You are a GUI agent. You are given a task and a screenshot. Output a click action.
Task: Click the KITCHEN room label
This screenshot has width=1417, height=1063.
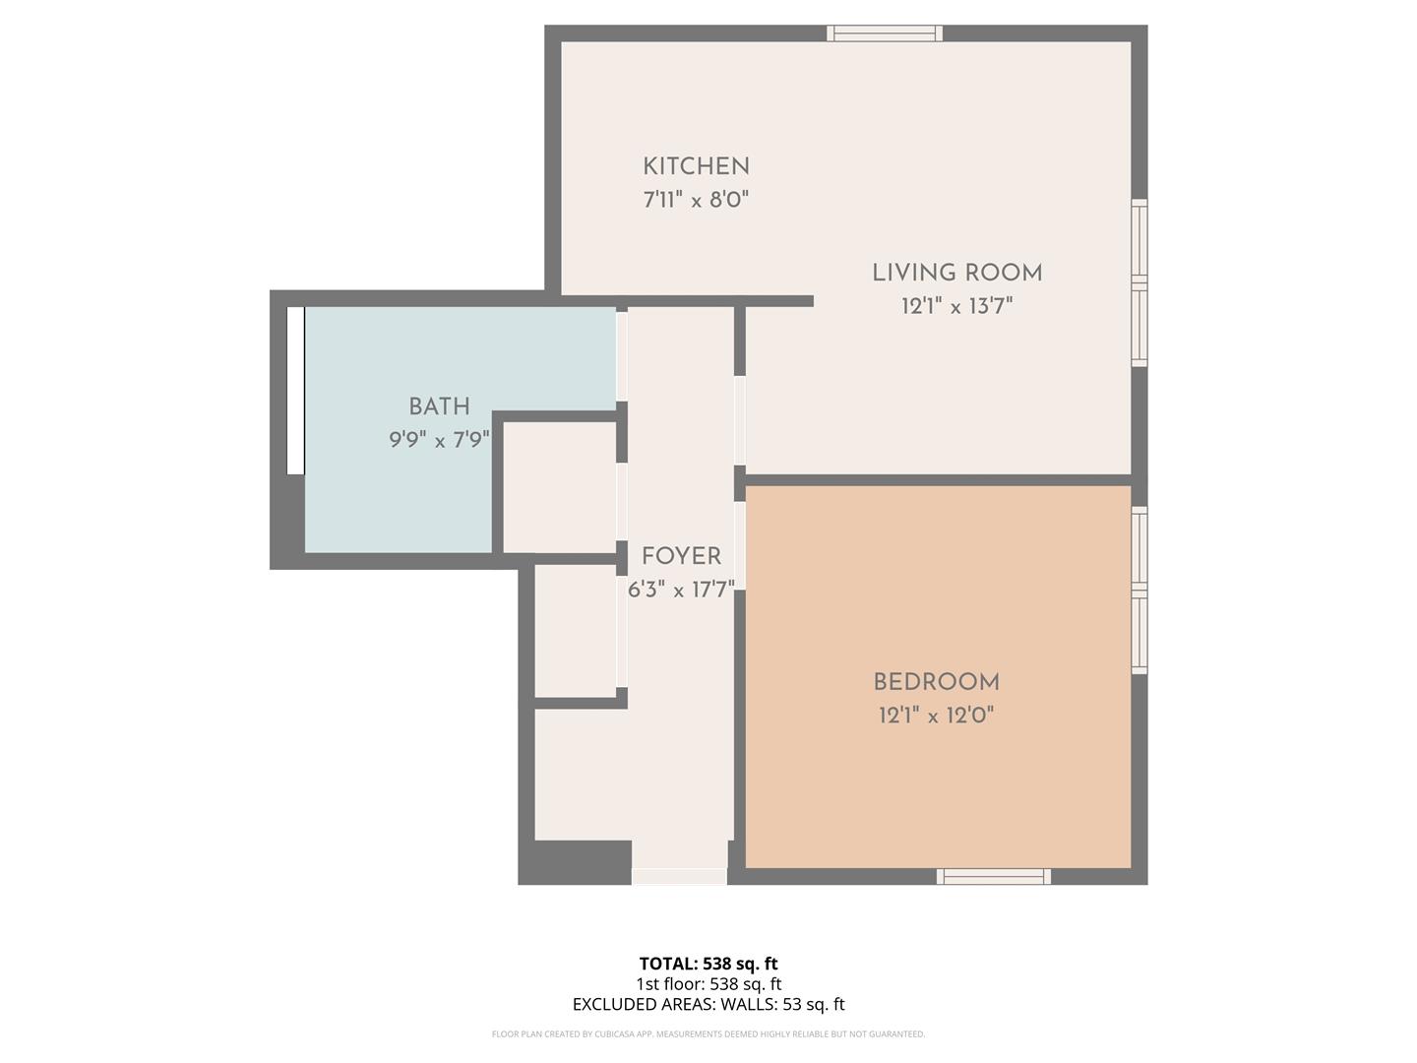[696, 167]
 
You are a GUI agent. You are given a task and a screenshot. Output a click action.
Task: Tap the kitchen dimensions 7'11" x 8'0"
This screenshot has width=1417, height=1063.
[696, 200]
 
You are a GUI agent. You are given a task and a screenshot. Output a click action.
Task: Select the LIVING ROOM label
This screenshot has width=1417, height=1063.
[956, 273]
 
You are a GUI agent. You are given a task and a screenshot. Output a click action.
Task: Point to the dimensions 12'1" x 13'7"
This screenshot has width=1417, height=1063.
[956, 306]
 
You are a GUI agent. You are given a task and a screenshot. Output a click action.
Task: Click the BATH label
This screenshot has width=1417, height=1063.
[439, 406]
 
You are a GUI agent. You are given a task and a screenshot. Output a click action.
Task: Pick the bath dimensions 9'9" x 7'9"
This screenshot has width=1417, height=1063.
[439, 439]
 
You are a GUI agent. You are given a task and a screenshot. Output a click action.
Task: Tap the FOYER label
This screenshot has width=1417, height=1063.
[681, 556]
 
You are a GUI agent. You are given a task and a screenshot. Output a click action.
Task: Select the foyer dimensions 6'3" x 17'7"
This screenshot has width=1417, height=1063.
[681, 590]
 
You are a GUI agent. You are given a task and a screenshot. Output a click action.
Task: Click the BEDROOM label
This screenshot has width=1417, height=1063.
[936, 682]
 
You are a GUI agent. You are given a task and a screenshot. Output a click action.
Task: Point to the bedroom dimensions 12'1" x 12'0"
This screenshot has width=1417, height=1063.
[936, 716]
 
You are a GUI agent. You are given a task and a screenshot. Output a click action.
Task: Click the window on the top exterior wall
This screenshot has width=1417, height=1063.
[885, 33]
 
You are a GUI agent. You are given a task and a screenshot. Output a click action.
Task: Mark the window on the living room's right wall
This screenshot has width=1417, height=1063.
[1139, 282]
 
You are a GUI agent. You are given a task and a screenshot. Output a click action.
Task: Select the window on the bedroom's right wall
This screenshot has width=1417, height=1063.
[1139, 590]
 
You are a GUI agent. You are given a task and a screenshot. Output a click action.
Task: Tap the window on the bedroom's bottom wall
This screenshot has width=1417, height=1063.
[994, 876]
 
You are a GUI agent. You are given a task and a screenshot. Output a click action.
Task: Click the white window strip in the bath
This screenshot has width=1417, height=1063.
[295, 391]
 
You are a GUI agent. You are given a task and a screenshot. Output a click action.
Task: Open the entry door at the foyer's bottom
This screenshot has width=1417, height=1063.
[679, 876]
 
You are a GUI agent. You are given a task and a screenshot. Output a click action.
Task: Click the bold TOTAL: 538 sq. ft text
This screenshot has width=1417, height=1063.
[708, 964]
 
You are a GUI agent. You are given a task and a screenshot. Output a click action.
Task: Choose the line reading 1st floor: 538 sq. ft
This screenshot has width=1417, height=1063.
[708, 984]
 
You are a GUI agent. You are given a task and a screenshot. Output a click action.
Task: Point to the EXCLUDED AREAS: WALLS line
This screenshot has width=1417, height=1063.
[708, 1005]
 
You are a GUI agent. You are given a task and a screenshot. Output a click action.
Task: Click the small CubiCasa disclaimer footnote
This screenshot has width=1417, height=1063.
[708, 1034]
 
